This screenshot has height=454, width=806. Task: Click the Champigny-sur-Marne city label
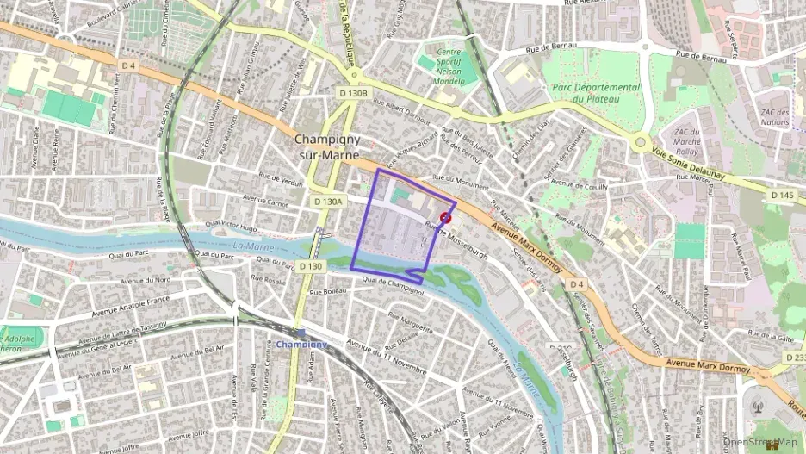point(329,146)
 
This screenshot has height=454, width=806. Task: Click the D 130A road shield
point(328,201)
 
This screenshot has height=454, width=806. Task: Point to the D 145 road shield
point(782,196)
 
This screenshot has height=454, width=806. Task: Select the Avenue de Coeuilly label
point(579,184)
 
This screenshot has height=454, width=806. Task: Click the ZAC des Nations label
point(776,117)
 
